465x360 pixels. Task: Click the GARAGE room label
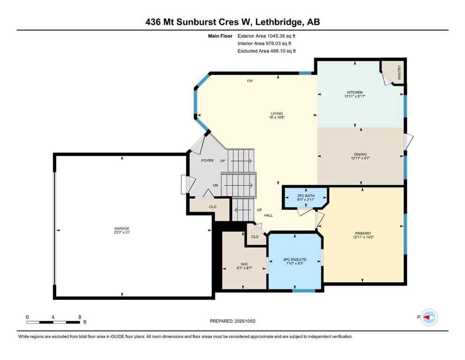click(122, 228)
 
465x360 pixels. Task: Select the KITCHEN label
click(354, 92)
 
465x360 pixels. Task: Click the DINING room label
click(360, 154)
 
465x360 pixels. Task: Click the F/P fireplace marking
click(250, 81)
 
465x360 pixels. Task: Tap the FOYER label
click(207, 161)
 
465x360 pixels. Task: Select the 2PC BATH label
click(305, 195)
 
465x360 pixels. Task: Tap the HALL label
click(268, 216)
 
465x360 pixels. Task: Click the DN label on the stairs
click(215, 186)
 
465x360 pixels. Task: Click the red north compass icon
click(428, 317)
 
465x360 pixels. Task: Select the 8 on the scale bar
click(80, 317)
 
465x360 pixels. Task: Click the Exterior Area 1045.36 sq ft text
click(266, 36)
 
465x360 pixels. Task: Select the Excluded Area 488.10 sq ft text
click(266, 51)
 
